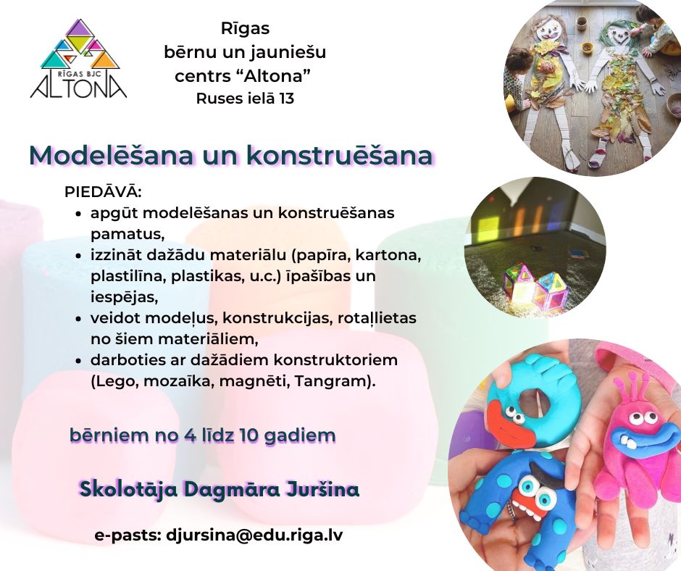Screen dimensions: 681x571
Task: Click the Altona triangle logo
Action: (x=79, y=59)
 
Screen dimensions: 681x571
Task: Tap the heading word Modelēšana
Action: (x=111, y=155)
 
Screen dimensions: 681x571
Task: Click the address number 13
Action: (x=287, y=99)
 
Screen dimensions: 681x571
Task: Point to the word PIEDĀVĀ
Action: (x=103, y=191)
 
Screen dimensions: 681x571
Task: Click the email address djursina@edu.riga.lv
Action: (x=254, y=535)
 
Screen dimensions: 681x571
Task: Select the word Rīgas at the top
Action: (x=246, y=29)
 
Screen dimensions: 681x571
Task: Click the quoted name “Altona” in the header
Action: (x=274, y=76)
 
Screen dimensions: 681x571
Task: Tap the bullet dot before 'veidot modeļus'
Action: (x=78, y=319)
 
